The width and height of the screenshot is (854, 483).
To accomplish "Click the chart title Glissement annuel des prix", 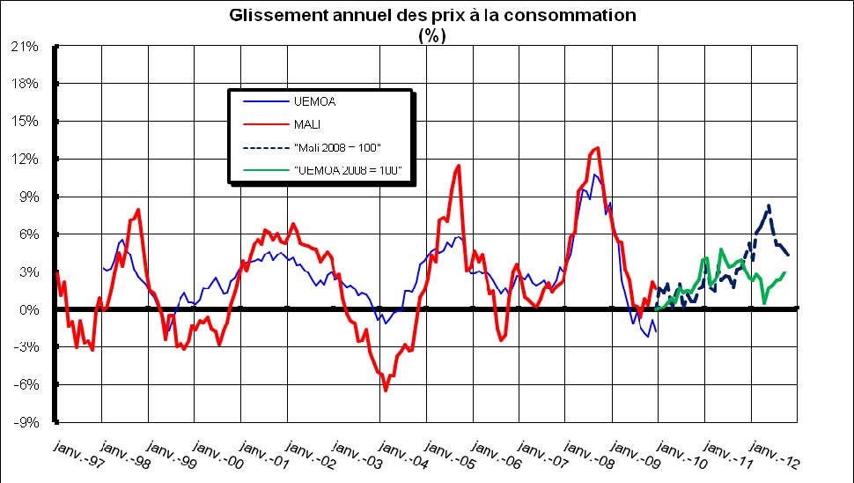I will click(x=431, y=16).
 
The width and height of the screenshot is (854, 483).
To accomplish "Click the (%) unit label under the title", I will click(x=431, y=35).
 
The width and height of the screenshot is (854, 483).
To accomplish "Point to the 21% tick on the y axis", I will click(x=25, y=47).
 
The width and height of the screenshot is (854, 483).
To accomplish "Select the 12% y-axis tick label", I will click(x=25, y=160).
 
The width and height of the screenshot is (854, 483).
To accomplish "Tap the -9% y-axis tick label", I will click(x=25, y=422).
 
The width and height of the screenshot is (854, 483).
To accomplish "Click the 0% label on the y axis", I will click(x=28, y=310).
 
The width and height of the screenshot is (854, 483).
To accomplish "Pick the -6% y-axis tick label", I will click(x=25, y=385).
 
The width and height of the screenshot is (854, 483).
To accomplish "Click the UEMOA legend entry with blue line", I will click(x=314, y=101).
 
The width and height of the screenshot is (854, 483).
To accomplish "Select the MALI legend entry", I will click(x=307, y=124).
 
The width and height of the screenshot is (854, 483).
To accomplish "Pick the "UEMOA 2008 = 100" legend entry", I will click(x=348, y=168).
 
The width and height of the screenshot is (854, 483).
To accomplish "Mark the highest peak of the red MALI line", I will click(x=599, y=147).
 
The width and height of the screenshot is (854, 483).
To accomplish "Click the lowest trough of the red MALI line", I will click(x=386, y=390).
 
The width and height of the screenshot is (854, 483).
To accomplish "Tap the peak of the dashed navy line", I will click(x=769, y=206).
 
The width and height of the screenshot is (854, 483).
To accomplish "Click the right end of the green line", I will click(x=784, y=272).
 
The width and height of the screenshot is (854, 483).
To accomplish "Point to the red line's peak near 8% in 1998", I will click(x=139, y=210).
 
